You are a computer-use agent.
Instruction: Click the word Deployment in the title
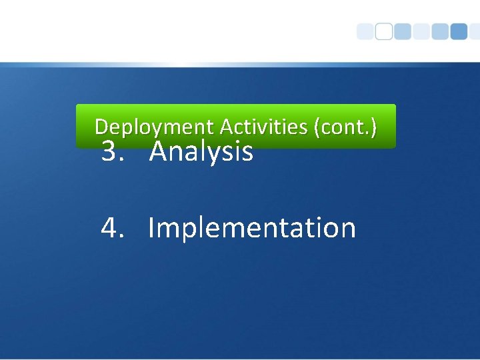(x=155, y=126)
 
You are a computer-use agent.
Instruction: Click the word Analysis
(x=201, y=152)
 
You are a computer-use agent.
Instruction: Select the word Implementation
(x=251, y=228)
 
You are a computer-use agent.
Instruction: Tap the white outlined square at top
(x=384, y=32)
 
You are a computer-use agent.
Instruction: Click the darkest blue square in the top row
(x=459, y=32)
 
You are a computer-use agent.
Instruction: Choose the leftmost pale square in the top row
(x=365, y=32)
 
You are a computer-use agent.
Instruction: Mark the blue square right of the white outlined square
(x=403, y=32)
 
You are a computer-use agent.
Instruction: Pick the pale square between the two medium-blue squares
(x=421, y=32)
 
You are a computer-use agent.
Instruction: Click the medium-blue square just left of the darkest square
(x=440, y=32)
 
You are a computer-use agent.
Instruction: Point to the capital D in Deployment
(x=101, y=126)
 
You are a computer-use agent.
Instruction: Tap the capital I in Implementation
(x=151, y=227)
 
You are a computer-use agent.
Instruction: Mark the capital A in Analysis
(x=159, y=152)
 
